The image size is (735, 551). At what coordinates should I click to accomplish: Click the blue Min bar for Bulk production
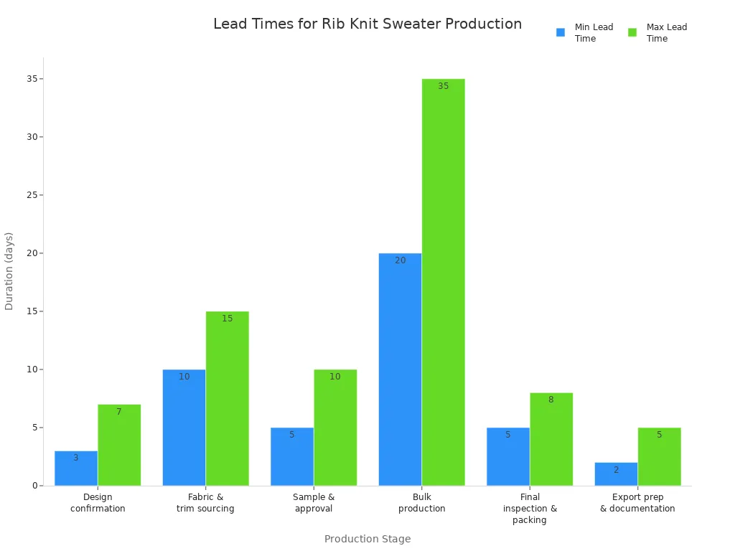[400, 369]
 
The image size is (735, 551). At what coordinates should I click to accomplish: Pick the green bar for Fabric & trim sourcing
[227, 398]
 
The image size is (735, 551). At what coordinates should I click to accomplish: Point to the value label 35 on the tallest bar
[443, 86]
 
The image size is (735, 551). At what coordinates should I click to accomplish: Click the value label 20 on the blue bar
[400, 260]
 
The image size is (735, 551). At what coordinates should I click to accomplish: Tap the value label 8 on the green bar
[551, 400]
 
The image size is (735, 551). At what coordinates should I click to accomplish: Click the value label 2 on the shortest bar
[616, 470]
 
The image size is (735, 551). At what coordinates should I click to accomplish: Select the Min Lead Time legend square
[561, 32]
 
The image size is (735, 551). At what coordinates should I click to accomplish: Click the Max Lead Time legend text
[666, 32]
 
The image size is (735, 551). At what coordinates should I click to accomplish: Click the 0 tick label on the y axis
[34, 486]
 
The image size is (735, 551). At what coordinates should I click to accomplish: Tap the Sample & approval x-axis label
[314, 502]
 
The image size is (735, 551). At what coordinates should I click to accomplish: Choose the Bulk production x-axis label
[421, 502]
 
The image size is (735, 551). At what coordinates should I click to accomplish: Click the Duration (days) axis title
[9, 270]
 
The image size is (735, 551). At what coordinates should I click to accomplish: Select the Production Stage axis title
[367, 539]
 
